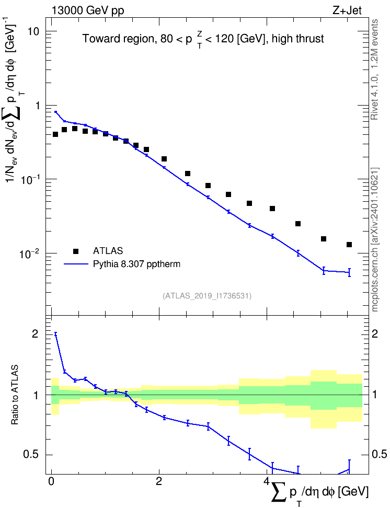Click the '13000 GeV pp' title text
87,10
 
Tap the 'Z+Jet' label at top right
347,10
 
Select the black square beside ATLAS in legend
76,251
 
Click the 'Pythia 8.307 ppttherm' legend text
136,264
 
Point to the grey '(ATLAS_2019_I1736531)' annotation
207,296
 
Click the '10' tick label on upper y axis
33,32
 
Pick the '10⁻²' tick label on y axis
29,253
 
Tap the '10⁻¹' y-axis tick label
29,179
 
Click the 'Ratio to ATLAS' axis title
15,395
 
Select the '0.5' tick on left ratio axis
31,455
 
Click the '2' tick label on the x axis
159,481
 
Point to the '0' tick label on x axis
51,481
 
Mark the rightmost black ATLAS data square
349,245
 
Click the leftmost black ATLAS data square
55,134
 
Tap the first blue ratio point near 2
55,334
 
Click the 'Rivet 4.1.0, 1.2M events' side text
374,70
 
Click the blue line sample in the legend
76,264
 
